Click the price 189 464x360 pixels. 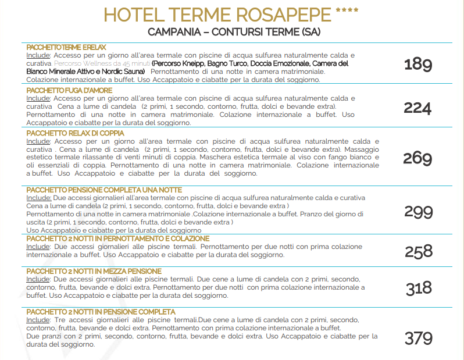pos(417,63)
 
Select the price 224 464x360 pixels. pos(417,108)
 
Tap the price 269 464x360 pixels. pos(417,158)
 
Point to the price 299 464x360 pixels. pos(418,212)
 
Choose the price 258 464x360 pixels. pos(419,251)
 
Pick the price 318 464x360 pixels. pos(419,287)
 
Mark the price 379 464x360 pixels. pos(419,337)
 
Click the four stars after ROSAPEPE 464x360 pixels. pos(347,11)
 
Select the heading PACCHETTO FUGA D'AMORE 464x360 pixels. pos(69,91)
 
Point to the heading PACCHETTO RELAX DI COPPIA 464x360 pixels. pos(72,133)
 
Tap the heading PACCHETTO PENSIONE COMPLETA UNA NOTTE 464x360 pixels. pos(104,190)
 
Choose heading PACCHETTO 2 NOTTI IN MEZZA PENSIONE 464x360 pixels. pos(94,271)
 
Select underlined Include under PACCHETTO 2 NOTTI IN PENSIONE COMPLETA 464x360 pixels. pos(38,320)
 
